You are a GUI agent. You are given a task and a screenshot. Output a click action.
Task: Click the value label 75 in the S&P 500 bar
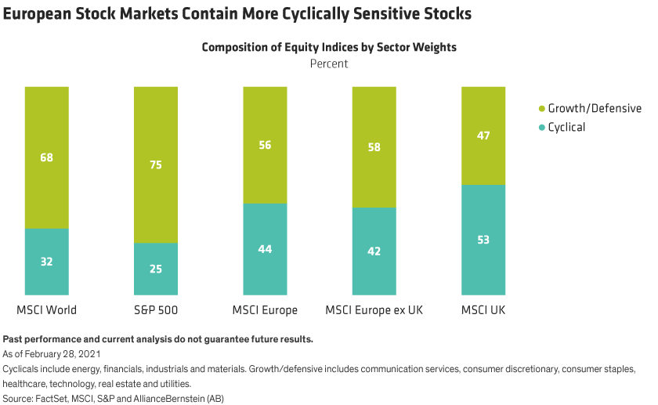[x=156, y=165]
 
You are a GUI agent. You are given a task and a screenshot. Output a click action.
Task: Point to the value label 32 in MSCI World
[x=47, y=262]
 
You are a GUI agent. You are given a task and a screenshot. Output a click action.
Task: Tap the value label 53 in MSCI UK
[x=483, y=240]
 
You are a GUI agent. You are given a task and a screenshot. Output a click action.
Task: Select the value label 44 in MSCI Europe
[x=266, y=249]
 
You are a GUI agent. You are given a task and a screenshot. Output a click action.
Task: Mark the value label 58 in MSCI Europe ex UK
[x=374, y=146]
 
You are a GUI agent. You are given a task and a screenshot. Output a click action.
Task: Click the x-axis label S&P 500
[x=156, y=310]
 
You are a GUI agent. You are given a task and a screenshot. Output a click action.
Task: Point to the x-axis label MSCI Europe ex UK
[x=374, y=310]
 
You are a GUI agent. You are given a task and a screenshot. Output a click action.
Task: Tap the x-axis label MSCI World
[x=47, y=310]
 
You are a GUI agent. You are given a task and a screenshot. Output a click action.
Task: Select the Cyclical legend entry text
[x=566, y=127]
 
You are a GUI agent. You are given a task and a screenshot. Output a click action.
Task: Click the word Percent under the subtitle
[x=329, y=63]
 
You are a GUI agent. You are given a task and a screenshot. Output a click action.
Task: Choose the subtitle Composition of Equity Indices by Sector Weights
[x=329, y=47]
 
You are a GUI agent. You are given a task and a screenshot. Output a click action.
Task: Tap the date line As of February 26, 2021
[x=49, y=354]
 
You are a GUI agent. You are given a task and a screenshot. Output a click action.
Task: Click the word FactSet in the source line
[x=54, y=398]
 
